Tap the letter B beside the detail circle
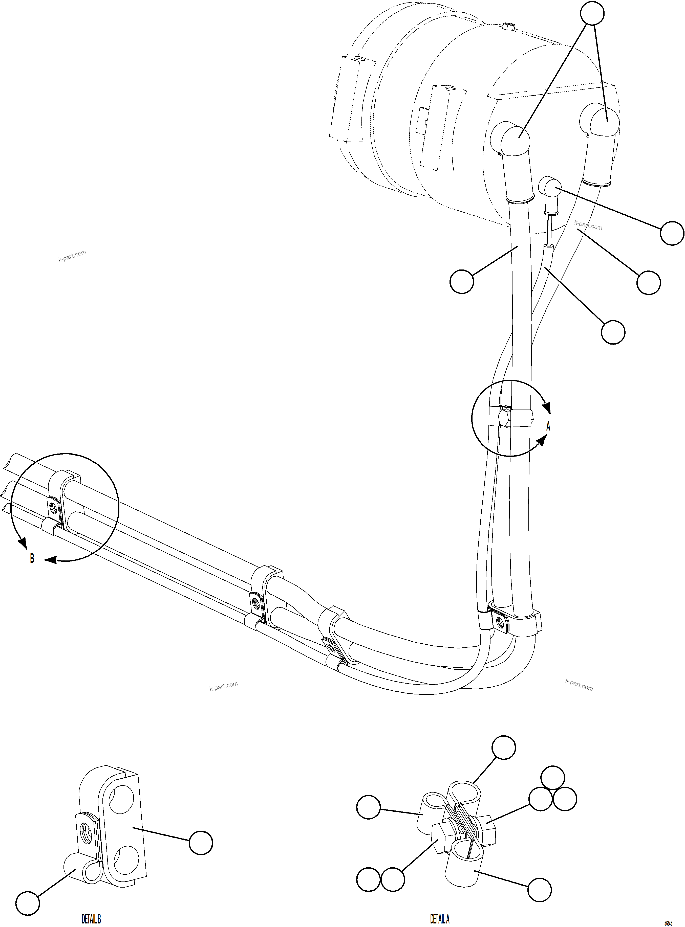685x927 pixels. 32,559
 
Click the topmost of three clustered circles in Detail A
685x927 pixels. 553,778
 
